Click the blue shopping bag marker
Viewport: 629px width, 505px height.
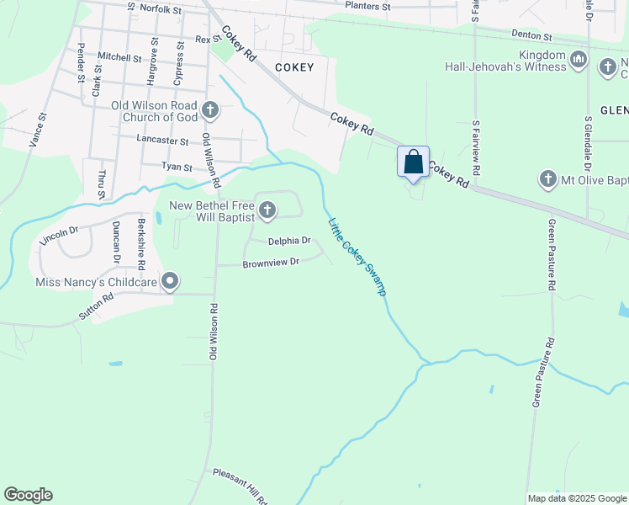tap(413, 162)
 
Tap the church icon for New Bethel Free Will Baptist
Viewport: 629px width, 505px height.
tap(267, 210)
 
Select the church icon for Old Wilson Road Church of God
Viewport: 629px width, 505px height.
tap(210, 110)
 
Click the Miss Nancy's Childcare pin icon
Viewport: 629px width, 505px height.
tap(171, 281)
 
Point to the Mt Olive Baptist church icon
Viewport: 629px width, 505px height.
tap(547, 179)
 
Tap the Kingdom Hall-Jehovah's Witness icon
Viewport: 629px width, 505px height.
tap(578, 60)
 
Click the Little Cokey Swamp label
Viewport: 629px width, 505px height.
tap(357, 257)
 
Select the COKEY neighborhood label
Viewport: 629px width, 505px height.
tap(294, 67)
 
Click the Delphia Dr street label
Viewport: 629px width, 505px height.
tap(289, 242)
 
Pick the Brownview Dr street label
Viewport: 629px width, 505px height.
tap(271, 263)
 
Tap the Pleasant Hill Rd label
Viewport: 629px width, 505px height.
tap(240, 477)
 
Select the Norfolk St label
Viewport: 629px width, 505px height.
tap(161, 9)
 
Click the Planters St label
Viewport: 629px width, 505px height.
tap(368, 6)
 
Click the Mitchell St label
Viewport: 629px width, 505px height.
tap(119, 57)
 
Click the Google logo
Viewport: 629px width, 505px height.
tap(28, 495)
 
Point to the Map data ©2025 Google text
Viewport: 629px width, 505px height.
tap(576, 498)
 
